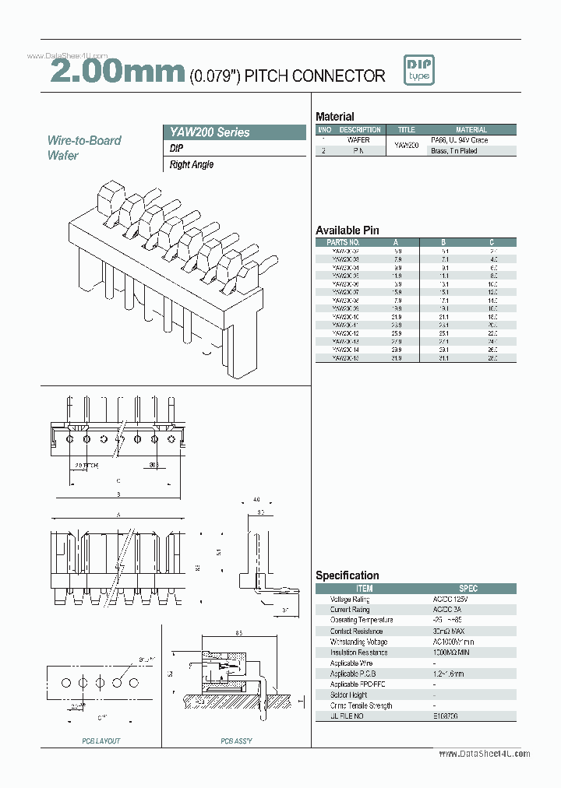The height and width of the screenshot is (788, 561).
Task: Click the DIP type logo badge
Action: pos(419,71)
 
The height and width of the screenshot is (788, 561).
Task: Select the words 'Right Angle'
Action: pos(192,165)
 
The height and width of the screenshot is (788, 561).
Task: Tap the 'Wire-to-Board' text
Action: pos(84,141)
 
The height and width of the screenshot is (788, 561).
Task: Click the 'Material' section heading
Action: pos(334,116)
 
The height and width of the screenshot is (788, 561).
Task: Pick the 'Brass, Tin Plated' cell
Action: pos(454,151)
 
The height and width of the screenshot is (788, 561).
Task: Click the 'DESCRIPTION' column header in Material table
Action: pos(360,130)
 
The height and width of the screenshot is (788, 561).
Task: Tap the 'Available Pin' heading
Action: pos(347,230)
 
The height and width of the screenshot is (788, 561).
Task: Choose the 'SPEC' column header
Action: pos(468,589)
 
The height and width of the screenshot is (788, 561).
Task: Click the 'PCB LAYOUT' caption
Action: pos(101,741)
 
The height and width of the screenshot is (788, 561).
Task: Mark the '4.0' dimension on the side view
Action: pos(258,501)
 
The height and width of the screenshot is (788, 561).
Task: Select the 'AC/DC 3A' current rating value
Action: pos(446,610)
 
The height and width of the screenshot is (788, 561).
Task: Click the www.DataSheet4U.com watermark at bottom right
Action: pos(484,754)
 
